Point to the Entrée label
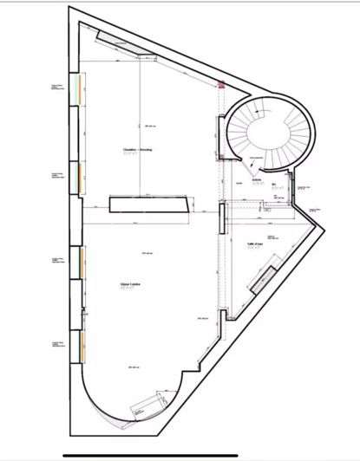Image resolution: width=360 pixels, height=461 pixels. [257, 183]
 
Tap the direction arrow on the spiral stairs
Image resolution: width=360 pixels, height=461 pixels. [252, 162]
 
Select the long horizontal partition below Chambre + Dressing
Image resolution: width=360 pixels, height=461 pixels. [150, 204]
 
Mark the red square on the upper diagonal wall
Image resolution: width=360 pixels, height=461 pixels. [221, 85]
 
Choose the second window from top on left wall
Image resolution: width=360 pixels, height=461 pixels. [81, 177]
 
